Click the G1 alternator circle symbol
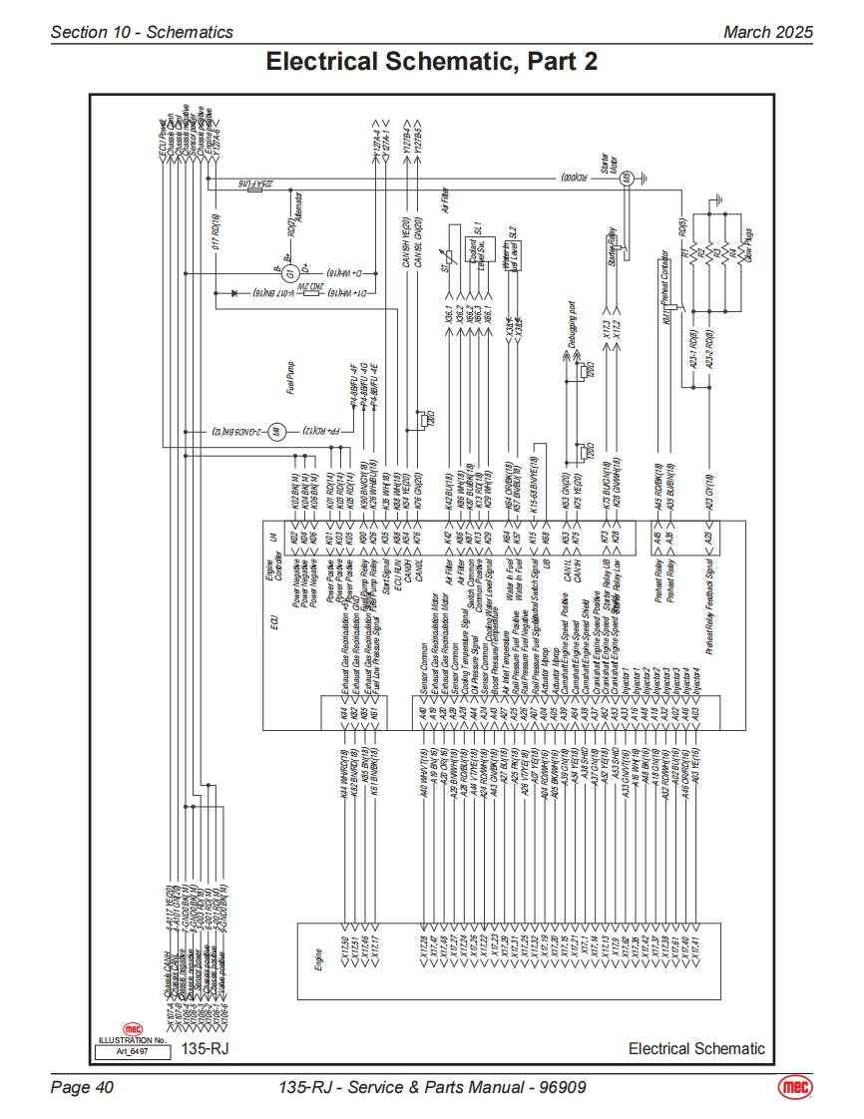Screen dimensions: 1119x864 289,272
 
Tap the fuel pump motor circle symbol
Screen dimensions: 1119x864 278,432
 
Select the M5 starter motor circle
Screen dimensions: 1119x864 627,179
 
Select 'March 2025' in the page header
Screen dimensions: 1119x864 767,32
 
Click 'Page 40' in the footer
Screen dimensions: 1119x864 82,1087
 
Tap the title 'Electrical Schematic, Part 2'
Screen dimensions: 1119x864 431,62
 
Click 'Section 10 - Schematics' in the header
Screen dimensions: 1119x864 142,32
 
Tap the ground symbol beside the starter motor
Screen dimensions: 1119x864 646,179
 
